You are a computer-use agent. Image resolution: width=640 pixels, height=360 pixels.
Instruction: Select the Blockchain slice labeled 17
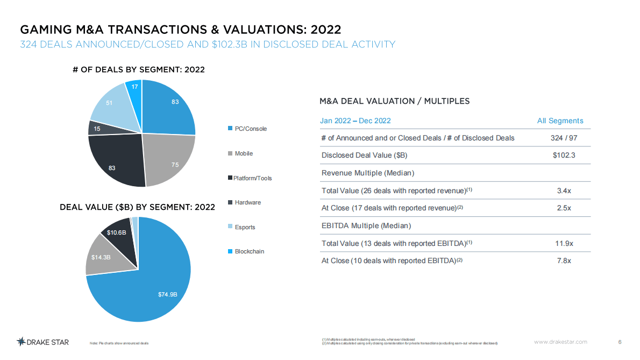[134, 87]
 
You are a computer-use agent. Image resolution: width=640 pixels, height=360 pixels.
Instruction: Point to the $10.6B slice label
[116, 232]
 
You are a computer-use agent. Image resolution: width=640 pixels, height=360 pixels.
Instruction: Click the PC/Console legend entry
[250, 129]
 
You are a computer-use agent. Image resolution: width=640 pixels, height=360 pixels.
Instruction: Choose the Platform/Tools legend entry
[253, 178]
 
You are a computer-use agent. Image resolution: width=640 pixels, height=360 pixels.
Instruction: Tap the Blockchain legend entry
[249, 251]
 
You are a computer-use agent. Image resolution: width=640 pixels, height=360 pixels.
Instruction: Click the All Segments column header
[560, 121]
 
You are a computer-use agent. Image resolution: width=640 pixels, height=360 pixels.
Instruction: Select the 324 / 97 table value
[564, 138]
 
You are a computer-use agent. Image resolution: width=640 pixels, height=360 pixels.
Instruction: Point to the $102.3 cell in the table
[564, 156]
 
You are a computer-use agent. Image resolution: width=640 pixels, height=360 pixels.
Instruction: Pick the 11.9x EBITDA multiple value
[564, 243]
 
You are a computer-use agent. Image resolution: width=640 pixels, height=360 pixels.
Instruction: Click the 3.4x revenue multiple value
[564, 190]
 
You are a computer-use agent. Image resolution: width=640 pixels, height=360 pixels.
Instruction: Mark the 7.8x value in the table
[564, 260]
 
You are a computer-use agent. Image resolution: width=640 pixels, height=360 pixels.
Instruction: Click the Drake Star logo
[42, 342]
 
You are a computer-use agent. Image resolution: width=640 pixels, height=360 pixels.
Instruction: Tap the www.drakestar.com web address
[560, 342]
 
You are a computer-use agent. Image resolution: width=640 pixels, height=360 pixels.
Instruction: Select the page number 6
[620, 342]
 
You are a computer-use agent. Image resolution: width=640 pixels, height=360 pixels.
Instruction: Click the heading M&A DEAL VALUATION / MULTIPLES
[394, 101]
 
